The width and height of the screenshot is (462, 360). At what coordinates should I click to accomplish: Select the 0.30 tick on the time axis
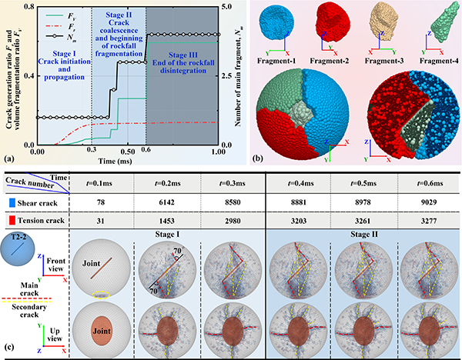pyautogui.click(x=91, y=153)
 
